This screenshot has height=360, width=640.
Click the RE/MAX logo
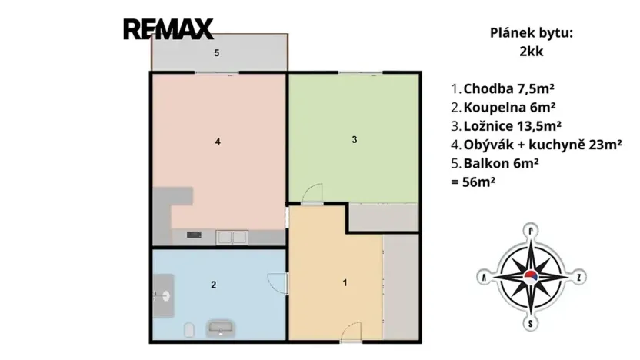(x=168, y=29)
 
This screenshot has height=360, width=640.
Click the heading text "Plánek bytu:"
(x=532, y=33)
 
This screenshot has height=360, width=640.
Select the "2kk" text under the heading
(x=532, y=53)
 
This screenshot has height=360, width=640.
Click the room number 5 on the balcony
(x=217, y=53)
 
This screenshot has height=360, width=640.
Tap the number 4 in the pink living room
(x=218, y=142)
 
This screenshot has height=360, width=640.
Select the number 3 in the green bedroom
(x=354, y=140)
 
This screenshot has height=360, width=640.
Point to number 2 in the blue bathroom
(x=213, y=285)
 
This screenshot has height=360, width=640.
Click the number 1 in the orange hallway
(x=345, y=283)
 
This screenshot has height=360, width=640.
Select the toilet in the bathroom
(x=188, y=330)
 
